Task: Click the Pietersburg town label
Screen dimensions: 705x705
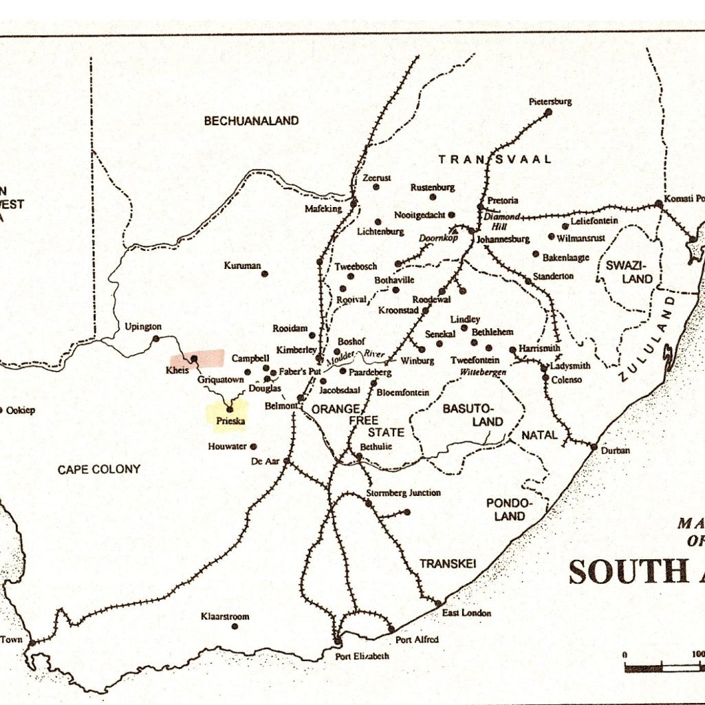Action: [550, 101]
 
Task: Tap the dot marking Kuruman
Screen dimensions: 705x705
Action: [264, 274]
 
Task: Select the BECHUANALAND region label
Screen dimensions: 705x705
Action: [251, 120]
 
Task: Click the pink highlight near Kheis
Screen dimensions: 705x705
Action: [198, 358]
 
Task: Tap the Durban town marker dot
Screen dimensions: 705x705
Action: [593, 447]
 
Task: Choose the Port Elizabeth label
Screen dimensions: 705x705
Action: [362, 655]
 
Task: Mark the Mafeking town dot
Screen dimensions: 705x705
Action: [353, 204]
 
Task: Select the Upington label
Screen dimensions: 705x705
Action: [143, 326]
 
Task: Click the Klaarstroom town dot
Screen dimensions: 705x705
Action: [234, 627]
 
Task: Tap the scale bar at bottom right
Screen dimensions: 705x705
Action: [664, 666]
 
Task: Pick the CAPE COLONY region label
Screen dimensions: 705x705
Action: [98, 469]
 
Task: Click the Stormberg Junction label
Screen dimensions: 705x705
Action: [403, 492]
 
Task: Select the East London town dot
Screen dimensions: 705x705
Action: [437, 603]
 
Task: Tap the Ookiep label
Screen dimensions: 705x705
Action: [21, 411]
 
